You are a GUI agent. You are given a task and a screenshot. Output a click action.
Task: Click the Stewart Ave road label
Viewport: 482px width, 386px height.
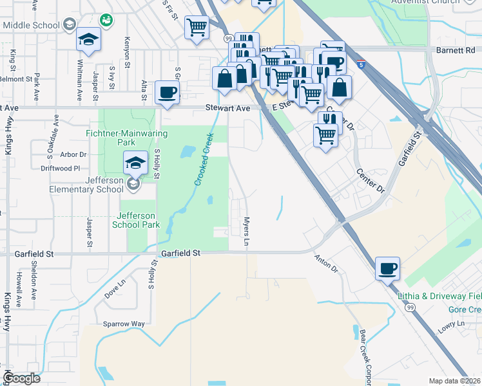(x=227, y=109)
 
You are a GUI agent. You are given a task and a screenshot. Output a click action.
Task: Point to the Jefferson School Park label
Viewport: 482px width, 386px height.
(x=135, y=220)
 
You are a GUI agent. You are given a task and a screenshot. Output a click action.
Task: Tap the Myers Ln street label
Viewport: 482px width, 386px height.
(x=246, y=232)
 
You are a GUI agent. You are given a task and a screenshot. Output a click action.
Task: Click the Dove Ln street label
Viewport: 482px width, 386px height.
(x=114, y=291)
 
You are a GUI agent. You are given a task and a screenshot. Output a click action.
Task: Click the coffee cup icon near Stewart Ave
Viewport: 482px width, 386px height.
(x=167, y=92)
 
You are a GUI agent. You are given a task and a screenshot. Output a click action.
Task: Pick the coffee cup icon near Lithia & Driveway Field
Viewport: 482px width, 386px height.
(x=388, y=268)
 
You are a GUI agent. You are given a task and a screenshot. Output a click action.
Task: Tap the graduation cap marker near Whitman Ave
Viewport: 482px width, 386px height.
(x=88, y=40)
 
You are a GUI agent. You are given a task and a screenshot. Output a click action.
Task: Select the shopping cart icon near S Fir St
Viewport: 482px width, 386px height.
(x=197, y=28)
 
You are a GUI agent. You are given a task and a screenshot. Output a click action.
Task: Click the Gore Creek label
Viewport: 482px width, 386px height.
(x=464, y=309)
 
